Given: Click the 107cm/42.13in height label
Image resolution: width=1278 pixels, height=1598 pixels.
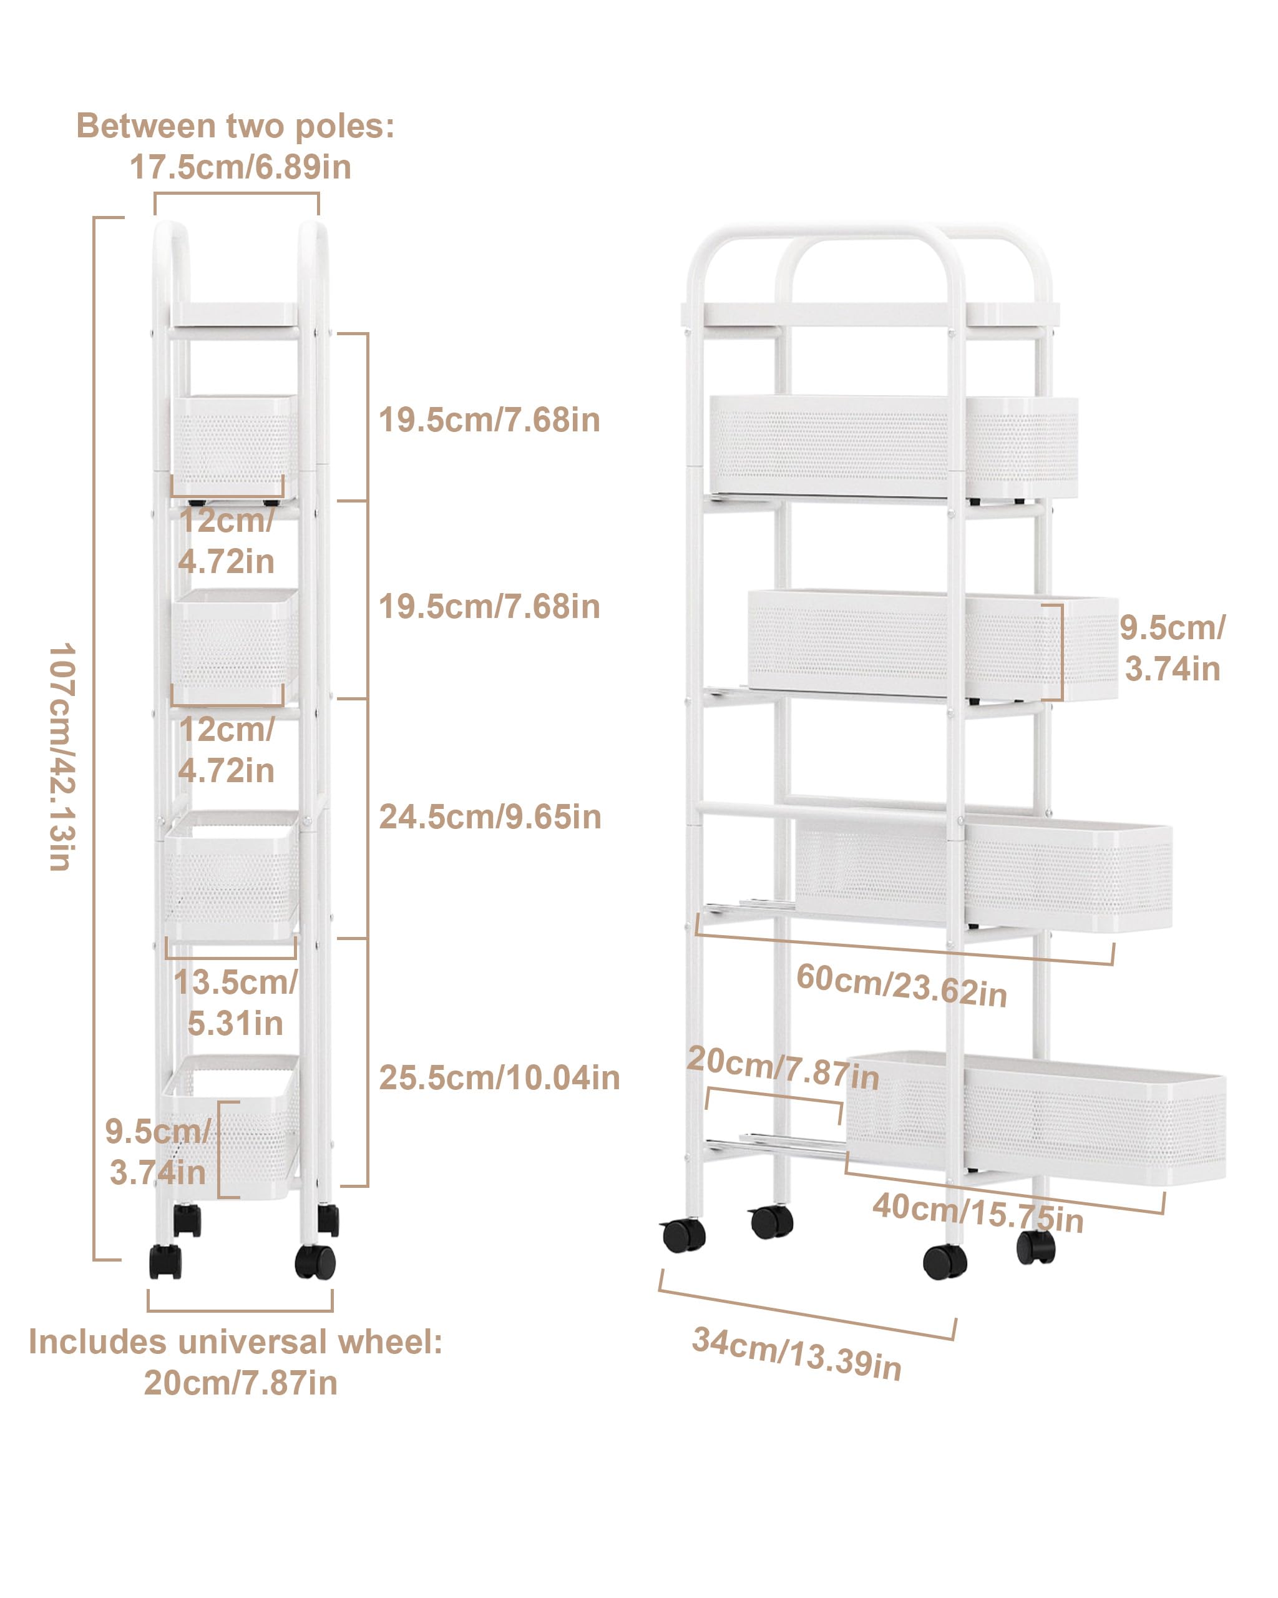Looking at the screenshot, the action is (62, 757).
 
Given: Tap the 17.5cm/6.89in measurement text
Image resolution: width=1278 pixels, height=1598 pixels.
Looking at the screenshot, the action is (240, 167).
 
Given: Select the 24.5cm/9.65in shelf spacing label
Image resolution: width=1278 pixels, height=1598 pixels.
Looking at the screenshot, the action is (490, 816).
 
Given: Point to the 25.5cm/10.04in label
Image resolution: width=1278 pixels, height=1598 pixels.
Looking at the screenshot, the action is (499, 1077).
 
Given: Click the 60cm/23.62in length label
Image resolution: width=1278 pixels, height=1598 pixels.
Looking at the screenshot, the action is (902, 985).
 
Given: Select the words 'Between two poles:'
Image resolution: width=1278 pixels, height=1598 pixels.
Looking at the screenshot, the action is (236, 126).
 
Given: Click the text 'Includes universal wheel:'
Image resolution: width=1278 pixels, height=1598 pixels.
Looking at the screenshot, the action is (236, 1341).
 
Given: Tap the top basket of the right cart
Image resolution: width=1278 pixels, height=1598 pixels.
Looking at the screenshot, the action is (894, 446).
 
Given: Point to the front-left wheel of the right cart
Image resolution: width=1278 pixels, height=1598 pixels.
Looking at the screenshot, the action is (683, 1235).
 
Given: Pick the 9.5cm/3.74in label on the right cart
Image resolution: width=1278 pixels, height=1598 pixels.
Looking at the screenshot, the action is (1172, 648).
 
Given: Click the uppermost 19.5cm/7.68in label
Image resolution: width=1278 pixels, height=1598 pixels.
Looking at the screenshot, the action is (489, 420).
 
